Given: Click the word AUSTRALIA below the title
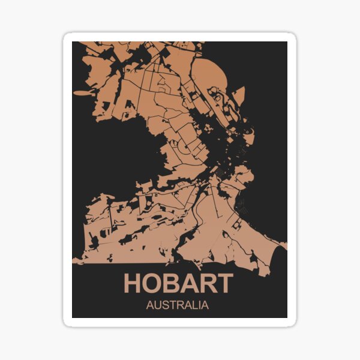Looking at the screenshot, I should pyautogui.click(x=178, y=305).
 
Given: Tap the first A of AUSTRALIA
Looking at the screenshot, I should pyautogui.click(x=149, y=305).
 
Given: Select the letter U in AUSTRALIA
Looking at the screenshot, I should pyautogui.click(x=157, y=305).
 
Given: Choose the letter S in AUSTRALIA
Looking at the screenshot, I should pyautogui.click(x=164, y=305).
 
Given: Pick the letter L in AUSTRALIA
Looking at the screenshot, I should pyautogui.click(x=193, y=305).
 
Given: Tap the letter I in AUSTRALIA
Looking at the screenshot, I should pyautogui.click(x=198, y=305).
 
